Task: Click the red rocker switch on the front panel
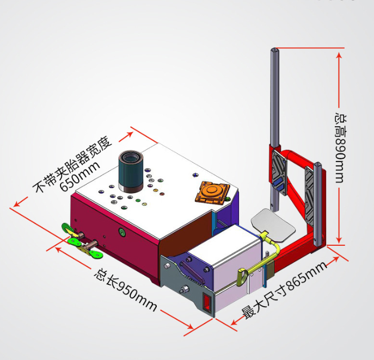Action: (207, 303)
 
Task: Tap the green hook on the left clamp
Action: (68, 228)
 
